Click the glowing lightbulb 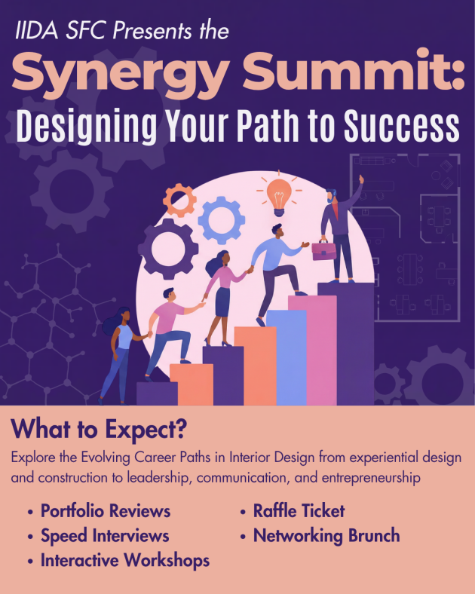(279, 197)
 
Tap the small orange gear (179, 200)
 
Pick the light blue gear (221, 220)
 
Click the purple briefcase (323, 251)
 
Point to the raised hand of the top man (361, 179)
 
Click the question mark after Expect (182, 429)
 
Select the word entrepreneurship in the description (371, 478)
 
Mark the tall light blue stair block (287, 357)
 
